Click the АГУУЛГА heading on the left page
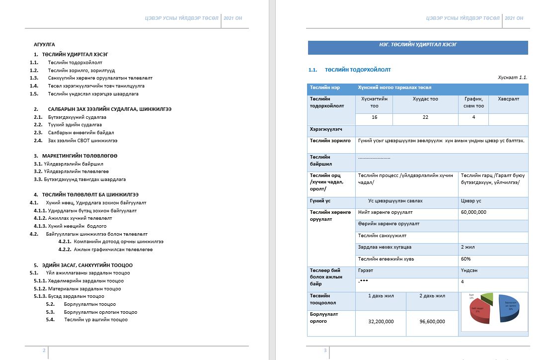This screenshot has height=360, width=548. (44, 44)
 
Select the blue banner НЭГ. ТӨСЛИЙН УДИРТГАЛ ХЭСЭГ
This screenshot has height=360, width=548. (418, 45)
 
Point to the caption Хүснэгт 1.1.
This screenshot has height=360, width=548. (512, 78)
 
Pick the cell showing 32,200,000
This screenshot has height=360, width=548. (381, 322)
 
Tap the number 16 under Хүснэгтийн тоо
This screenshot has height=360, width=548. (374, 117)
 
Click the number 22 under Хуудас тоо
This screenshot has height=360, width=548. (425, 117)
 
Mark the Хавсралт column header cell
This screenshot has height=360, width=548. (508, 99)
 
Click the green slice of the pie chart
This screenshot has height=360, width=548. (488, 298)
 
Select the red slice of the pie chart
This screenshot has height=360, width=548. (480, 311)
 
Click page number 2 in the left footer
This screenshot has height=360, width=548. (44, 351)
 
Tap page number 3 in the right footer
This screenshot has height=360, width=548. (325, 351)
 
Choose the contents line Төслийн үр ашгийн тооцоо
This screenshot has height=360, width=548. (95, 320)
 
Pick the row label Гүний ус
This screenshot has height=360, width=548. (321, 201)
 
